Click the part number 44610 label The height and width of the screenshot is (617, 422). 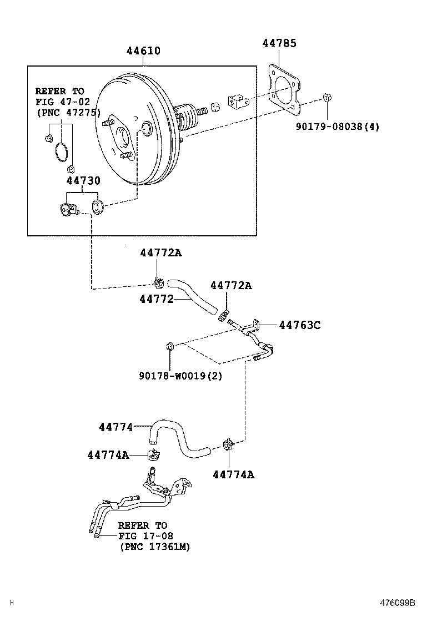(x=143, y=50)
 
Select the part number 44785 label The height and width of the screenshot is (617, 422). (x=279, y=43)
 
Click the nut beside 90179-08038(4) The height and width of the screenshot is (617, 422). (x=327, y=98)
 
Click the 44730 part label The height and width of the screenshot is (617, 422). (x=83, y=180)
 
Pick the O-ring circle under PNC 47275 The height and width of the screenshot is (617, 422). (x=62, y=153)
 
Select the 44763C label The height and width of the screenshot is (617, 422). (x=299, y=325)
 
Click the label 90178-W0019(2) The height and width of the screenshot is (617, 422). (x=180, y=376)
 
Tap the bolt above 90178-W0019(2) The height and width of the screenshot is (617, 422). (x=170, y=347)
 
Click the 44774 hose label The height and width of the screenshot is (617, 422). (x=116, y=427)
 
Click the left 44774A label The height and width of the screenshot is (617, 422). (x=108, y=455)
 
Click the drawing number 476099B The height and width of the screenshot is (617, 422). (x=398, y=603)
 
